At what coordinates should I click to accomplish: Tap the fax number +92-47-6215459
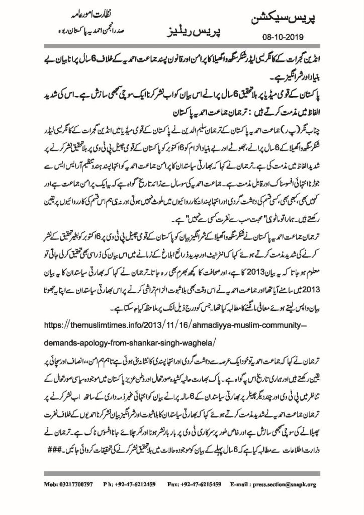pyautogui.click(x=213, y=484)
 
